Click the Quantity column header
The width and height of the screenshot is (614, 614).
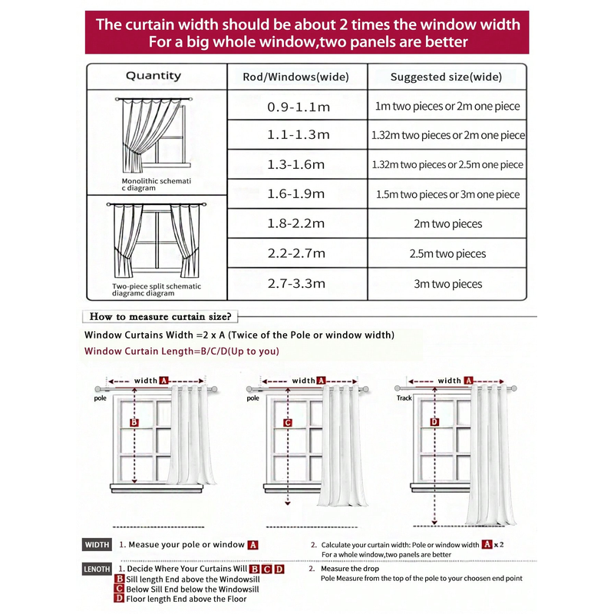coord(153,76)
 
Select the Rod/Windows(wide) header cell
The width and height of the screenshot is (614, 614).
coord(296,77)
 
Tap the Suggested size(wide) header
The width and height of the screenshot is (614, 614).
coord(446,77)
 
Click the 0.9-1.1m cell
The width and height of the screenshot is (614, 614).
coord(299,107)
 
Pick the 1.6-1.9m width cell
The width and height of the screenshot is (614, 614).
coord(296,194)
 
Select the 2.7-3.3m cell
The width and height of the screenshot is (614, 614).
coord(296,283)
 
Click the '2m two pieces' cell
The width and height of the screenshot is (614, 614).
coord(448,224)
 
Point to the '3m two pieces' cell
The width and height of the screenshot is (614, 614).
coord(448,284)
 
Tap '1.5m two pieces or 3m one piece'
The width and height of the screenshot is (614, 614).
coord(448,195)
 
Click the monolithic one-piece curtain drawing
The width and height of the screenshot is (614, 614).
coord(154,135)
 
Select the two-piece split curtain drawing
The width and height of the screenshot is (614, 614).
coord(157,240)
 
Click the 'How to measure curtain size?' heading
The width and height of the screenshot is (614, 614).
coord(160,316)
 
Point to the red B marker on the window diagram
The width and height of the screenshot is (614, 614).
coord(134,423)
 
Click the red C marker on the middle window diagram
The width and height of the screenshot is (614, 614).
coord(288,423)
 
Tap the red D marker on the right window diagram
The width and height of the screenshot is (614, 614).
coord(434,421)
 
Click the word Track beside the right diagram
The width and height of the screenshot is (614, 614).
coord(404,398)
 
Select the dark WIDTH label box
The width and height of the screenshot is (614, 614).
coord(97,545)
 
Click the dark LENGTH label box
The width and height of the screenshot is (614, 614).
coord(97,569)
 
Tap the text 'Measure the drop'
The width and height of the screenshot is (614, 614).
coord(350,569)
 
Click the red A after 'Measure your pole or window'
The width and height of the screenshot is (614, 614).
coord(253,545)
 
